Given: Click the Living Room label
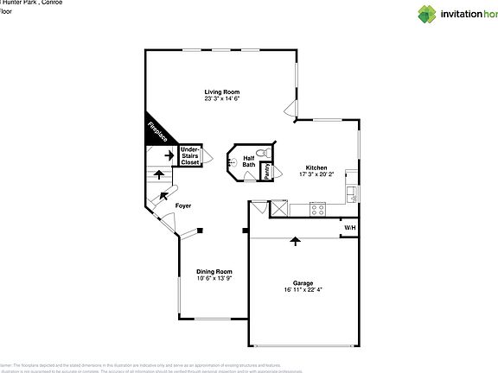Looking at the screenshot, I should (222, 92).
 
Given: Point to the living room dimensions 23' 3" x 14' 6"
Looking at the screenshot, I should (222, 98).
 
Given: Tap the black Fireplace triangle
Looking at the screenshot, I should (156, 132).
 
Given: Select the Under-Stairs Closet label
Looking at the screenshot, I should (190, 155).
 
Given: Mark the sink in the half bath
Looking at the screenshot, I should (232, 161).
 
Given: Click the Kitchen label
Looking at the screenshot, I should (316, 168).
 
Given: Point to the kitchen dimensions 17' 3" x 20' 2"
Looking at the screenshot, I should (316, 174).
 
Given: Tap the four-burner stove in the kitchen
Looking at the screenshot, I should (317, 207).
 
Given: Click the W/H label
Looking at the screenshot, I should (349, 228).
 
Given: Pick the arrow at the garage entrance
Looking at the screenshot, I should (297, 241).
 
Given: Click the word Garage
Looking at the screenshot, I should (303, 282).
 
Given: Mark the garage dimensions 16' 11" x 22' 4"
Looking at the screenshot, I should (303, 289).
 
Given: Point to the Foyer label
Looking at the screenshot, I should (183, 205).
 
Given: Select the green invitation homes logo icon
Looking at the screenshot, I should (427, 14).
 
